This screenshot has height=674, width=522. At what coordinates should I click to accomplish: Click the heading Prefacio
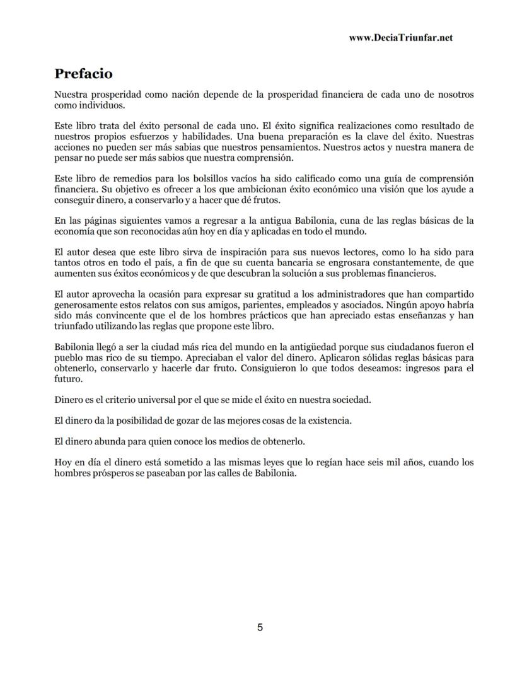83,74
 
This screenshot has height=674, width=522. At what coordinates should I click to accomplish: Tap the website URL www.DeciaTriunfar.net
400,38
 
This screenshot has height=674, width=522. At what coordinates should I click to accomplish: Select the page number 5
260,627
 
